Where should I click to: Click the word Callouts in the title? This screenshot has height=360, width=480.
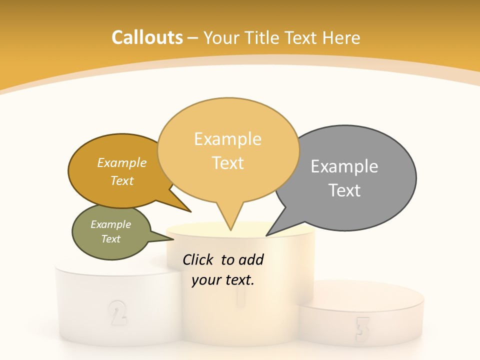(x=147, y=37)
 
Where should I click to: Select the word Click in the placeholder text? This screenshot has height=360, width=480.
(x=198, y=260)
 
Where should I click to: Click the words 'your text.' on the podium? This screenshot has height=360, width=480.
(x=222, y=280)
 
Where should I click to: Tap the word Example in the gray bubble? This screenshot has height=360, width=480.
(x=344, y=166)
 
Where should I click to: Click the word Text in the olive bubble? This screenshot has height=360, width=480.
(x=111, y=239)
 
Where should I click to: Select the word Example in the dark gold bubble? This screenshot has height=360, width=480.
(x=122, y=163)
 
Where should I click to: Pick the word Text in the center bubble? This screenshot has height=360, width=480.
(x=228, y=163)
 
